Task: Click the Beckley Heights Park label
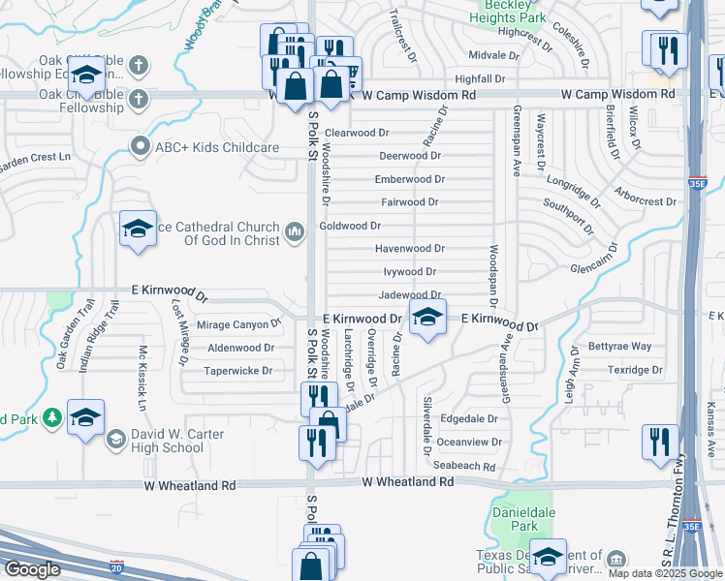click(507, 12)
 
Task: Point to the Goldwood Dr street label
click(350, 226)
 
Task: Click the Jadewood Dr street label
click(410, 295)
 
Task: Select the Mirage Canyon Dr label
click(238, 325)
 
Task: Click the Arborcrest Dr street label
click(646, 201)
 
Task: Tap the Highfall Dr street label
click(480, 78)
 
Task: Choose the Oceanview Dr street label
click(470, 443)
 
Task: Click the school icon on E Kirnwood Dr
click(427, 317)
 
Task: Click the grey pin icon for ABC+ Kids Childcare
click(140, 147)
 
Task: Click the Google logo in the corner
click(33, 569)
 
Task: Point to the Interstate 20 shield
click(116, 566)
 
